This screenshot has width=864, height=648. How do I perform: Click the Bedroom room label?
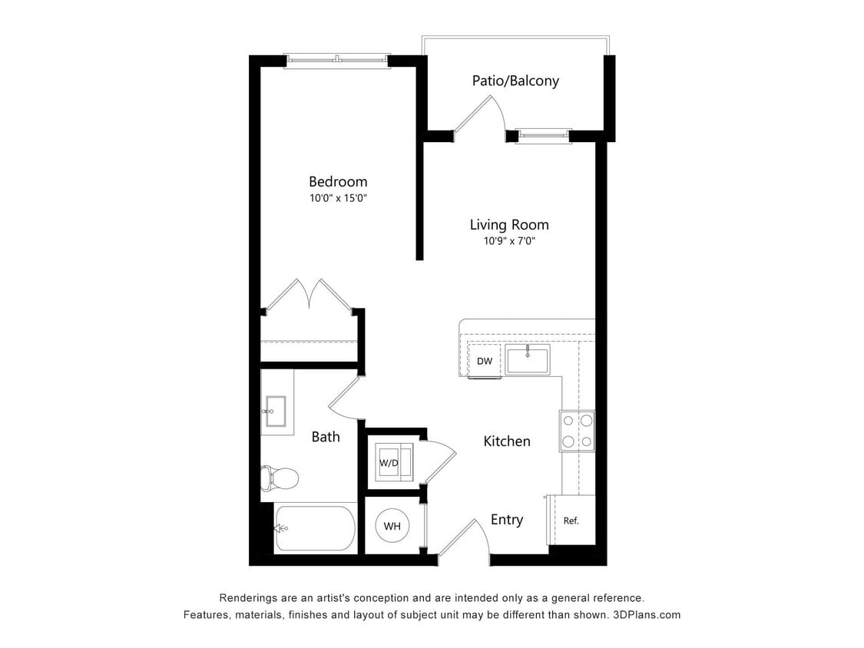pos(338,182)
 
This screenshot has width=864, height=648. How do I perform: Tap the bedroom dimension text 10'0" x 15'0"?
pos(338,198)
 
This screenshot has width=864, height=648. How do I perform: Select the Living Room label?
pos(509,225)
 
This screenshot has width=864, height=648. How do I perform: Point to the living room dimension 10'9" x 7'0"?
pos(509,241)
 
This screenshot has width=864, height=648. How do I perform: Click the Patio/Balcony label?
pos(515,81)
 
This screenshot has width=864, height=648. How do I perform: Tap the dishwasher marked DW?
pos(485,361)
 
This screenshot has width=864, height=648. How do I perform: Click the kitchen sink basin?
pos(528,360)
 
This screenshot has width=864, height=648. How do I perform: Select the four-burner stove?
pos(577,431)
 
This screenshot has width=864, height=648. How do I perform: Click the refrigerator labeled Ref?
pos(571,521)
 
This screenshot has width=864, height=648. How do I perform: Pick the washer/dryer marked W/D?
pos(389,463)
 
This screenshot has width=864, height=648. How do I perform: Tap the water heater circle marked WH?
pos(392,527)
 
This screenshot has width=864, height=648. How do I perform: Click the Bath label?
pos(326,437)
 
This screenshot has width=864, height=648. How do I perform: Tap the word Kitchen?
pos(507,441)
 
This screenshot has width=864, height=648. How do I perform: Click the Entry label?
pos(507,520)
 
